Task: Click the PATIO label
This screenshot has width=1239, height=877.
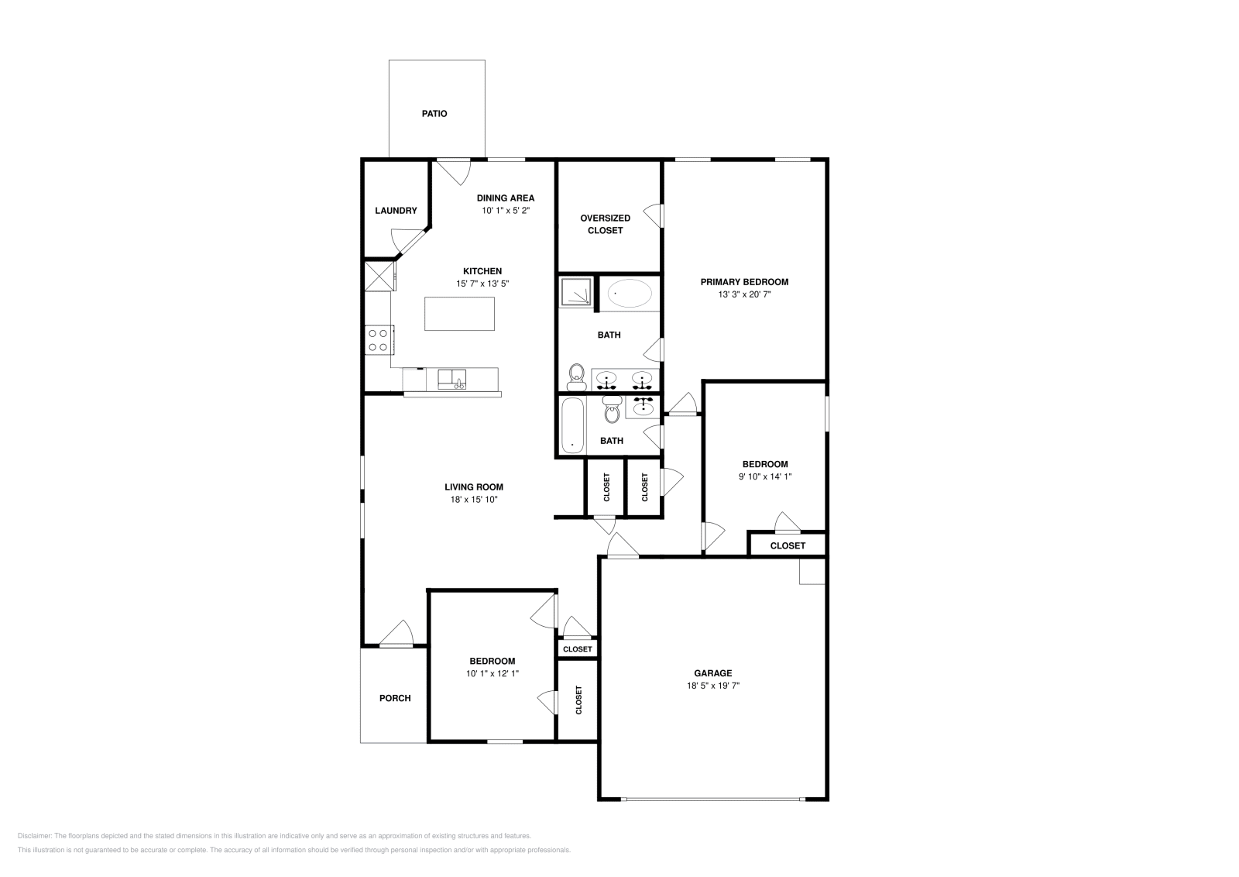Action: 434,113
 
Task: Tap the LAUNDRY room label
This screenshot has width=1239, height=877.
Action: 396,210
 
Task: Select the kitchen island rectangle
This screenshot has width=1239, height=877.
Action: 460,314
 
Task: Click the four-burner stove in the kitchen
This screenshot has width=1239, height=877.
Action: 379,340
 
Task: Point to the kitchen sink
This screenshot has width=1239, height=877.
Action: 452,380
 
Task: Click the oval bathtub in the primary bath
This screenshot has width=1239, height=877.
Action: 630,294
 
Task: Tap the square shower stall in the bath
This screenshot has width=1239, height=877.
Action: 576,292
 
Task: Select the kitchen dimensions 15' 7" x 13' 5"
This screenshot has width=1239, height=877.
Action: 482,284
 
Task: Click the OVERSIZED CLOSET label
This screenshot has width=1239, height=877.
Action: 605,224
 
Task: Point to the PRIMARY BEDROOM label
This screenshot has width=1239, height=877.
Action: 744,282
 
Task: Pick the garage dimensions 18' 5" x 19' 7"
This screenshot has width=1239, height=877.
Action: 713,686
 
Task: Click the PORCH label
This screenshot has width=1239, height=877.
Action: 395,698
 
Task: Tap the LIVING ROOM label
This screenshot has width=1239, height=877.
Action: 474,487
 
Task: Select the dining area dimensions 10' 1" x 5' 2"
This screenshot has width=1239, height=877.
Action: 506,211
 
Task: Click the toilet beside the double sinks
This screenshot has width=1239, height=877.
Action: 577,377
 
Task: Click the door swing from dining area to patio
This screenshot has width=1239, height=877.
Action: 454,171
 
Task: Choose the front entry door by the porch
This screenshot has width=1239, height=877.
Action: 396,634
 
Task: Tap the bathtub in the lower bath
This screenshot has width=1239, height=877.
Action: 572,425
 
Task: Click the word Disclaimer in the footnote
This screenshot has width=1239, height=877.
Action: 34,836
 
